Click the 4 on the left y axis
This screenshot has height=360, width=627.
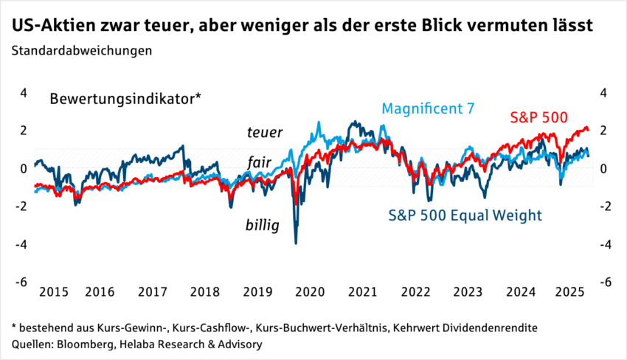pos(24,93)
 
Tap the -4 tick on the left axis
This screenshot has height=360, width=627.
pos(21,244)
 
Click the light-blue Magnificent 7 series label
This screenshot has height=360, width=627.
pos(428,108)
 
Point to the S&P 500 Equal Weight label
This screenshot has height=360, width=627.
pos(465,215)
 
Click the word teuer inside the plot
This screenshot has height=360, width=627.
pos(264,132)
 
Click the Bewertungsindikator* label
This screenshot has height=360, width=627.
pos(125,98)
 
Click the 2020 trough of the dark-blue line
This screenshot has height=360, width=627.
pos(297,243)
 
